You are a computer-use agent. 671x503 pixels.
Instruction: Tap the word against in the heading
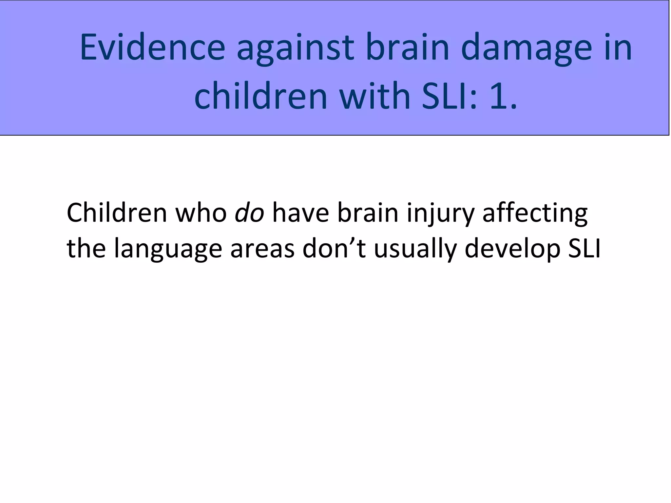click(x=295, y=48)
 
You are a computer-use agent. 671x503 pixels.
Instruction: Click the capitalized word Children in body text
click(x=117, y=213)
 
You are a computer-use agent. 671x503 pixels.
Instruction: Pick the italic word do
click(x=250, y=213)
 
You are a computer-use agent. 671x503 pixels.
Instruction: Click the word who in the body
click(x=201, y=213)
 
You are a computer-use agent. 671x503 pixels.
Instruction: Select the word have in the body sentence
click(x=300, y=213)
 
